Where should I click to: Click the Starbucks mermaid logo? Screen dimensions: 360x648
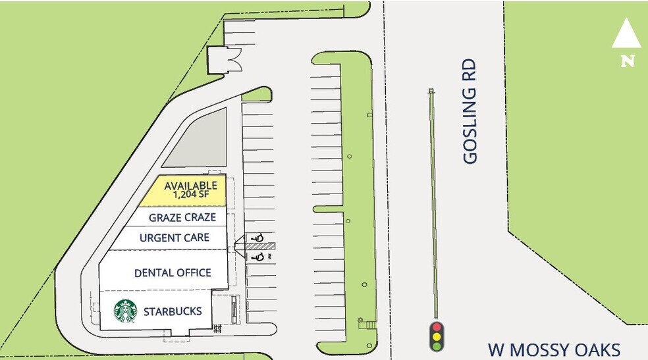pyautogui.click(x=125, y=312)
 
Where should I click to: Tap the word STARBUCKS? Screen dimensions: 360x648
pyautogui.click(x=172, y=311)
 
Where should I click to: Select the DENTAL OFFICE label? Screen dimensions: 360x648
pyautogui.click(x=173, y=272)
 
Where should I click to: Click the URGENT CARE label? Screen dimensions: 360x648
pyautogui.click(x=175, y=238)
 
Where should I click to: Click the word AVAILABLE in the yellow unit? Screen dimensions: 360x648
pyautogui.click(x=190, y=186)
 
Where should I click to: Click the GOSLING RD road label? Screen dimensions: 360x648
pyautogui.click(x=470, y=112)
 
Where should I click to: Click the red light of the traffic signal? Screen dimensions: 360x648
pyautogui.click(x=435, y=326)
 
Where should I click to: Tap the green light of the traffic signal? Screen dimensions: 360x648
pyautogui.click(x=435, y=346)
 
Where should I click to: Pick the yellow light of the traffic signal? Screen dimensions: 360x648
pyautogui.click(x=435, y=336)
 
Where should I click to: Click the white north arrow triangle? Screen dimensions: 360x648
pyautogui.click(x=626, y=34)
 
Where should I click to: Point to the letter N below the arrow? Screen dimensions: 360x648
pyautogui.click(x=628, y=61)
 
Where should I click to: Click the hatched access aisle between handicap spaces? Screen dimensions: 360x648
pyautogui.click(x=256, y=247)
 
